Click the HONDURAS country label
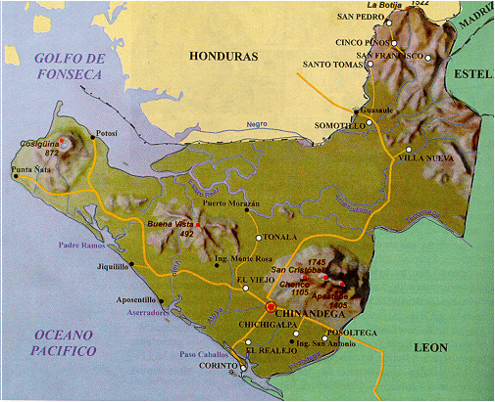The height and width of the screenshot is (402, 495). [223, 57]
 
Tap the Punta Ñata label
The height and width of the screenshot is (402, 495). [29, 170]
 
